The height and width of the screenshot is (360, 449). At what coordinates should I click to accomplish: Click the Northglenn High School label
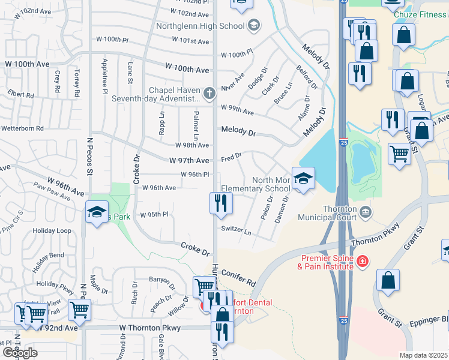[200, 26]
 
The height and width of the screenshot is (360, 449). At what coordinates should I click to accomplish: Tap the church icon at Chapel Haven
[209, 93]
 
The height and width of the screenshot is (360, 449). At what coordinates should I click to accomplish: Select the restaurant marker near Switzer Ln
[221, 203]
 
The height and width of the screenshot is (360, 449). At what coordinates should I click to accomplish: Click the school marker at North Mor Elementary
[303, 178]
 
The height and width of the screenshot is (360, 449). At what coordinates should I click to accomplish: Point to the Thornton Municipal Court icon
[366, 211]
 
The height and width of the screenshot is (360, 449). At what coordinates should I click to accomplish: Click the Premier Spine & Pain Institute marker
[362, 261]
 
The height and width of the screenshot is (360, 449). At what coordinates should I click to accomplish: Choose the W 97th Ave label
[189, 161]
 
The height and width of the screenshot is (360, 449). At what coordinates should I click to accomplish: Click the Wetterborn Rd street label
[22, 128]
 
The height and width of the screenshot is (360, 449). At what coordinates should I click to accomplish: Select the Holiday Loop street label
[52, 230]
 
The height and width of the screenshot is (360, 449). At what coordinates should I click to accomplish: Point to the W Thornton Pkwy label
[149, 328]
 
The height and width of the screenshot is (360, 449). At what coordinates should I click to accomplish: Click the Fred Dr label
[231, 157]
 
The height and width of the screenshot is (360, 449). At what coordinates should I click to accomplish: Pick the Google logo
[20, 352]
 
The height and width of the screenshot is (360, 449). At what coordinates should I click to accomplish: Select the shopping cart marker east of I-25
[399, 154]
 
